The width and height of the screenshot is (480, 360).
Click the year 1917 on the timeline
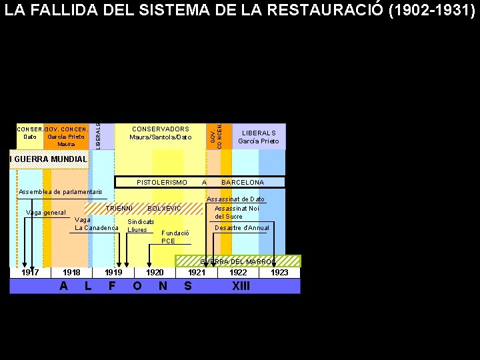[x=30, y=273]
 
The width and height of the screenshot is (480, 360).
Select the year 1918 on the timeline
[x=71, y=273]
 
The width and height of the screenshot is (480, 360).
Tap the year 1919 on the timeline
[x=113, y=273]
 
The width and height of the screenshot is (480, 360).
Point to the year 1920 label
[x=155, y=273]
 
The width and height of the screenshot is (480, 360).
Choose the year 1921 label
[x=197, y=273]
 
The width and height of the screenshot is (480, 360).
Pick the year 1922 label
[x=238, y=273]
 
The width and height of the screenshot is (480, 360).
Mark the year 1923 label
[x=279, y=273]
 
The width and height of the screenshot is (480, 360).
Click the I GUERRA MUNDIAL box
[x=49, y=159]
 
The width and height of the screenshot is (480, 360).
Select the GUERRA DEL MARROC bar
[x=238, y=261]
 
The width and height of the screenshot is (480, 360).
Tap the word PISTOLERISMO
[x=162, y=182]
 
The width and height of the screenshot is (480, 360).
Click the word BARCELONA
[x=243, y=182]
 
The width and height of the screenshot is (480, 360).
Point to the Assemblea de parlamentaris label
[x=61, y=192]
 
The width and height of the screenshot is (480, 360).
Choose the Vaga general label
[x=45, y=213]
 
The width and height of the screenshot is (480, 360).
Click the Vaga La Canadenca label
[x=97, y=224]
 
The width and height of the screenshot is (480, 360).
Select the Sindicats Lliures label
[x=141, y=225]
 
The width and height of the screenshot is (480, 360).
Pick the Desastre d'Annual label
[x=242, y=228]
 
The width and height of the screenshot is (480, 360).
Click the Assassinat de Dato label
[x=236, y=199]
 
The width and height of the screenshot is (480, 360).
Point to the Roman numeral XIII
[x=241, y=286]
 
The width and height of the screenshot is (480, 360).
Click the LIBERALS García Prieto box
[x=259, y=137]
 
